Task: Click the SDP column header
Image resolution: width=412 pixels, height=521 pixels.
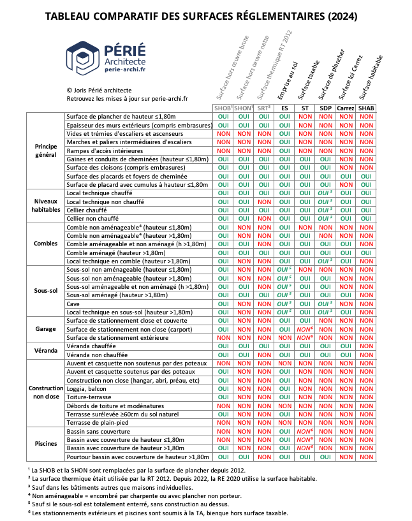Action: pos(325,108)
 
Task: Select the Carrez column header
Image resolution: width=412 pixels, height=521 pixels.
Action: pos(346,108)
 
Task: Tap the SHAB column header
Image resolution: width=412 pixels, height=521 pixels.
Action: pos(366,108)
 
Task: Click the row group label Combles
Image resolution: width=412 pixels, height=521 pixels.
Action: pos(46,244)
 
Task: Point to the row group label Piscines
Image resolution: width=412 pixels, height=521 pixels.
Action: pos(46,444)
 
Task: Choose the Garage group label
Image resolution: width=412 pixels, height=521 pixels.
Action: pos(46,328)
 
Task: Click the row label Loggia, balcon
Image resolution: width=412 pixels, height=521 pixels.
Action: pos(86,388)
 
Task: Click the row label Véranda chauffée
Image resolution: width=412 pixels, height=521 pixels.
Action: pos(91,346)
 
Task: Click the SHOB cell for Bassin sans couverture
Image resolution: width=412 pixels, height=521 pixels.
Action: pos(224,432)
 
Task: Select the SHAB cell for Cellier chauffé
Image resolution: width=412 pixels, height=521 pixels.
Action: pos(366,209)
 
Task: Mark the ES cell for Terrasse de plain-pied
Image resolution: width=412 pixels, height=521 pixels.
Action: pos(284,422)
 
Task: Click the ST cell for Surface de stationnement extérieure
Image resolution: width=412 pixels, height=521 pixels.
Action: pos(305,337)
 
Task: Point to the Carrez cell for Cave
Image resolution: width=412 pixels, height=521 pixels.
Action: pos(346,304)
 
